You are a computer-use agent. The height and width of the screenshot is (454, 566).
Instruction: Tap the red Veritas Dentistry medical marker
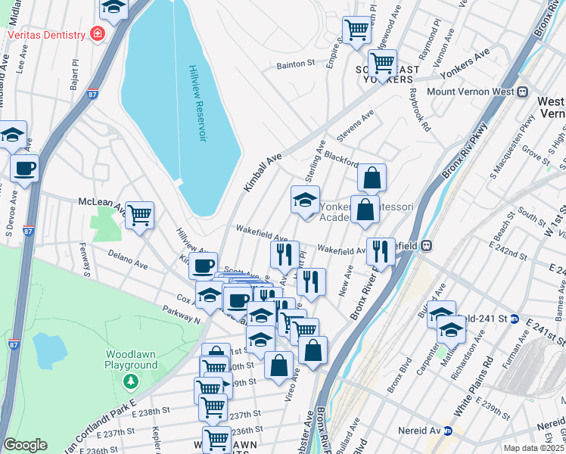[96, 33]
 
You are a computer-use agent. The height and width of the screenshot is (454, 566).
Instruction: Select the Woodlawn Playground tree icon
[132, 380]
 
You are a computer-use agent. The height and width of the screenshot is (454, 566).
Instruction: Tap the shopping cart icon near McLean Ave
[139, 216]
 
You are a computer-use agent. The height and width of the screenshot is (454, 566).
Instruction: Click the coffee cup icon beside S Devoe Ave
[24, 168]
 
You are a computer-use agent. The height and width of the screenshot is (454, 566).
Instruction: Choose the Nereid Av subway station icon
[448, 431]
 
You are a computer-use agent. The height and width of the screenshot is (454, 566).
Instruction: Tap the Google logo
[26, 445]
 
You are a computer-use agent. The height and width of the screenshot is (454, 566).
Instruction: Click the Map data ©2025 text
[533, 448]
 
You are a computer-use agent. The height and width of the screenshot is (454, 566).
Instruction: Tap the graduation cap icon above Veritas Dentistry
[114, 8]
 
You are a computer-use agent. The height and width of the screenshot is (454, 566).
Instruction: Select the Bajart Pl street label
[75, 74]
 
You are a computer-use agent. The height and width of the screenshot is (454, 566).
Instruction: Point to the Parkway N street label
[182, 315]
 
